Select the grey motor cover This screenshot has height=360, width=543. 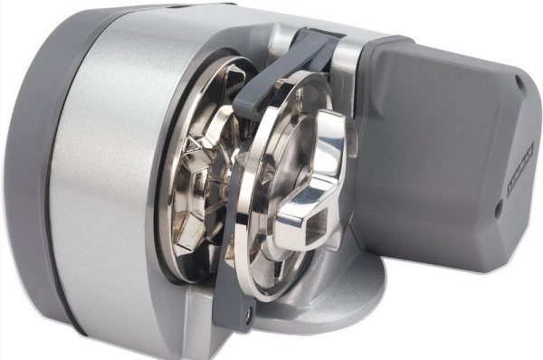pyautogui.click(x=443, y=172)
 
